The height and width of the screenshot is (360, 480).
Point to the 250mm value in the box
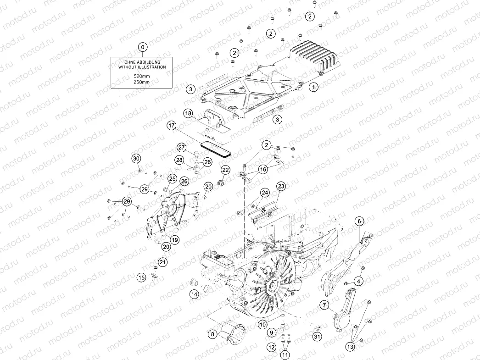(141, 82)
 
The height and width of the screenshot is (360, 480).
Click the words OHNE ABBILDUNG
(142, 61)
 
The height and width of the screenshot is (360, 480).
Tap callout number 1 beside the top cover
(313, 86)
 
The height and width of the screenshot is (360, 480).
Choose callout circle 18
(188, 113)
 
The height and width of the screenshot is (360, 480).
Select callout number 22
(225, 170)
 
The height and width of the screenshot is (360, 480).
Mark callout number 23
(281, 186)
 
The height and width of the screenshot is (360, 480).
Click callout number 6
(359, 221)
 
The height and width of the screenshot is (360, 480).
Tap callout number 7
(324, 305)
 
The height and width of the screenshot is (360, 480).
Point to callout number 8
(212, 334)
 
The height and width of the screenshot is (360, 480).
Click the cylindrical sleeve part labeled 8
(234, 331)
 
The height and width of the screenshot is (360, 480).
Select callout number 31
(317, 337)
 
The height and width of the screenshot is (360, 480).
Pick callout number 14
(195, 294)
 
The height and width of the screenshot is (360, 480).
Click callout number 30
(136, 158)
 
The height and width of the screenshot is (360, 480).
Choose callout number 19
(174, 240)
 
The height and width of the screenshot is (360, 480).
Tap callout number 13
(350, 347)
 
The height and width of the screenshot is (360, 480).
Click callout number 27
(182, 147)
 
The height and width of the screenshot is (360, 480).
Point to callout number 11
(285, 354)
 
